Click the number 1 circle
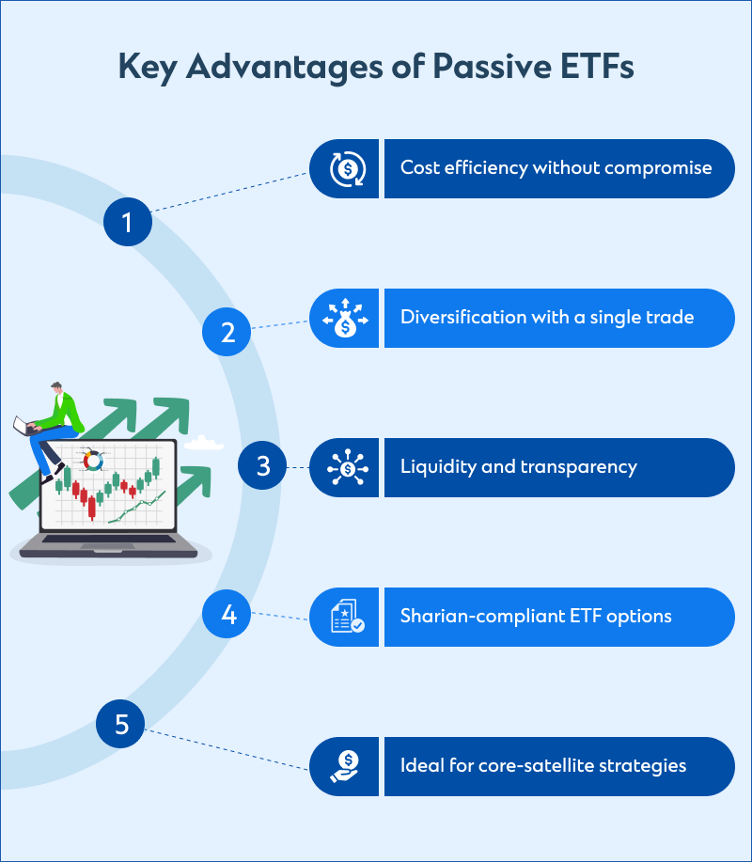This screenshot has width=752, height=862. coord(128,222)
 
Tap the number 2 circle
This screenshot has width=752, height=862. coord(227,332)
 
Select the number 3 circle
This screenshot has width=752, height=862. coord(262,465)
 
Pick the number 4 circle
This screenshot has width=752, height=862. coord(227,614)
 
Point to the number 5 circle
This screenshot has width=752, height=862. coord(120,724)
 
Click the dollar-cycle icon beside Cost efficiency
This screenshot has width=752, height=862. coord(348,169)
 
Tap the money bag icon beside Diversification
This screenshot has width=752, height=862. coord(345,318)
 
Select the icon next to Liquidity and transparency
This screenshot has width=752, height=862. coord(348,468)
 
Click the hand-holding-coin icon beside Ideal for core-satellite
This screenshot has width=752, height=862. coord(345,766)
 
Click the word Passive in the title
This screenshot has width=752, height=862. coord(492,67)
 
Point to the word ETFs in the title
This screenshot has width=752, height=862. coord(598,67)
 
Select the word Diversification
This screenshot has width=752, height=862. coord(464,317)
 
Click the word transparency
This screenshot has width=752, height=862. coord(579,467)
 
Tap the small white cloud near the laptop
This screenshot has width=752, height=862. coord(203,443)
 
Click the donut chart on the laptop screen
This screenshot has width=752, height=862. coord(93,461)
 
